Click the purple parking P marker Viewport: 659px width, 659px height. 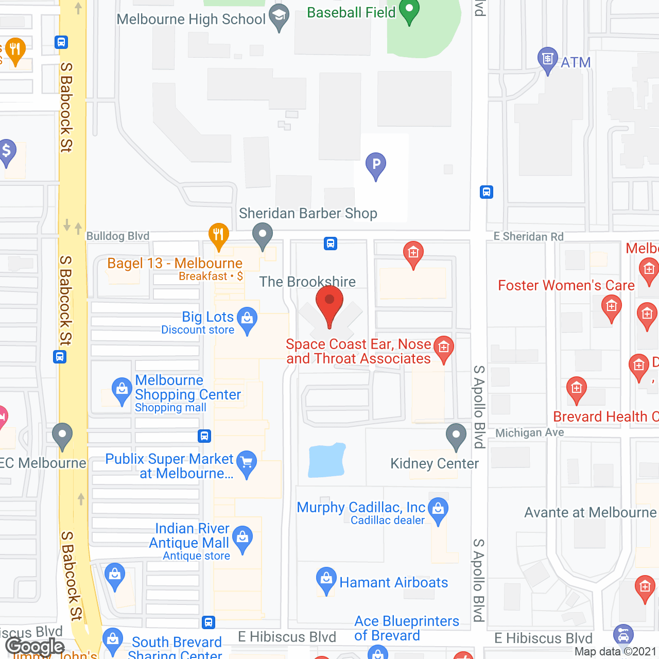click(x=376, y=165)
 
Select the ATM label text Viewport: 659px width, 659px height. click(x=575, y=62)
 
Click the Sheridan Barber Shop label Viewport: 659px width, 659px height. click(x=308, y=213)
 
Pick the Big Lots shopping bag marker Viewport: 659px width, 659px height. click(x=248, y=320)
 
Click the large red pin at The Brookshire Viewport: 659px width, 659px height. click(x=329, y=304)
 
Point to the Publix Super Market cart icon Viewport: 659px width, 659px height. click(x=247, y=463)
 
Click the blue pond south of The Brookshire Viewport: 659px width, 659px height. click(x=326, y=459)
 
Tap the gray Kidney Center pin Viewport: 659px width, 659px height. click(x=456, y=437)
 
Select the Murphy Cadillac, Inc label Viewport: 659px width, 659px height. click(x=361, y=507)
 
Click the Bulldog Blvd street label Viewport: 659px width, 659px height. click(x=118, y=236)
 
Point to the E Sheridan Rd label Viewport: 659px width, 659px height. click(x=528, y=236)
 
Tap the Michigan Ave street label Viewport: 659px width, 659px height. click(x=529, y=432)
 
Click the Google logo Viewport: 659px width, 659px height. click(x=35, y=646)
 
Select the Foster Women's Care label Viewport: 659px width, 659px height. click(x=566, y=285)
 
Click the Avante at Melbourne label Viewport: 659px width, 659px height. click(x=590, y=512)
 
